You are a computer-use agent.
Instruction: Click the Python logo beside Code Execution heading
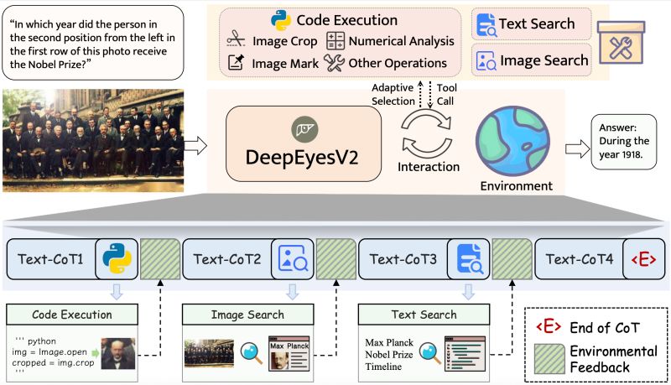coord(281,20)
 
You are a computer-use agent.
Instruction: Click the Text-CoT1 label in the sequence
coord(51,259)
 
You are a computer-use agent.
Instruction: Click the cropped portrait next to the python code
coord(118,355)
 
